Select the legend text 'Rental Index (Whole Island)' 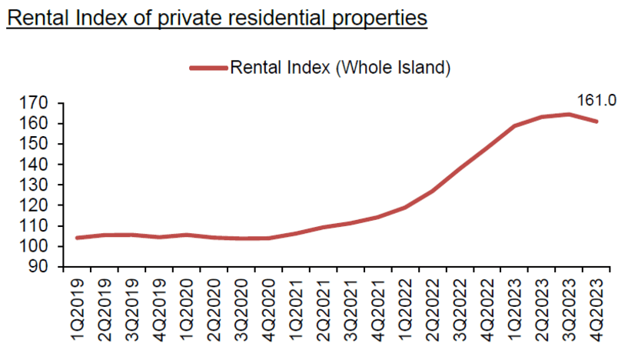(339, 68)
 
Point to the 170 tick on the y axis (38, 103)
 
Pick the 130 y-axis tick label (38, 185)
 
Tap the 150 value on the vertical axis (38, 144)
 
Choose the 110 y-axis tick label (38, 226)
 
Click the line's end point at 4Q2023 (596, 122)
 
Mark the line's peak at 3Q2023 (569, 115)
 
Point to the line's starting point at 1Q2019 (78, 238)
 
